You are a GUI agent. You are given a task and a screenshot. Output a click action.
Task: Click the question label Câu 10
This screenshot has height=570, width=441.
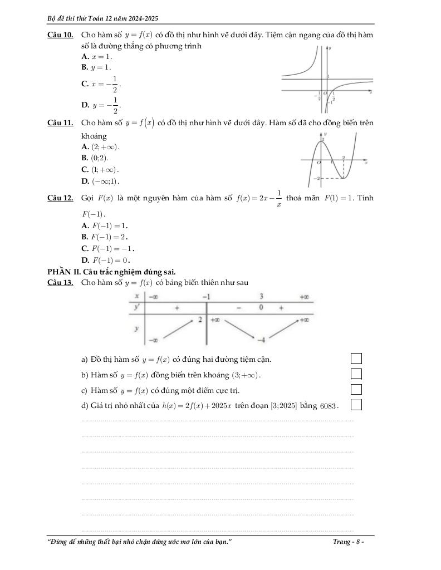coord(61,35)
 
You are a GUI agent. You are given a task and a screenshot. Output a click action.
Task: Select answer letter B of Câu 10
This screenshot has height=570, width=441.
coord(85,67)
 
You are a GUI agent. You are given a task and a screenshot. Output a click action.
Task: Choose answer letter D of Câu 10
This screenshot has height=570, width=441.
coord(85,104)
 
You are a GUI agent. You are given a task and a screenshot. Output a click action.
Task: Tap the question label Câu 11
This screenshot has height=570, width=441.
coord(61,122)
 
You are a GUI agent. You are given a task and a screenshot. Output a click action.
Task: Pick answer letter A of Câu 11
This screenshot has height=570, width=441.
coord(85,147)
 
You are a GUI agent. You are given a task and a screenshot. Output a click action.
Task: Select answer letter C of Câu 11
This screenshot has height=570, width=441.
coord(85,169)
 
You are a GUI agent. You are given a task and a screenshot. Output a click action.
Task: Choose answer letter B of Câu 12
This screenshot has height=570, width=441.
coord(85,237)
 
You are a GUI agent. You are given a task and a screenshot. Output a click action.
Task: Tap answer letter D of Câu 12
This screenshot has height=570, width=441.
coord(85,260)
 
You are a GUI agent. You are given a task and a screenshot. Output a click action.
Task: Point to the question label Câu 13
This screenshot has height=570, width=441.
coord(61,283)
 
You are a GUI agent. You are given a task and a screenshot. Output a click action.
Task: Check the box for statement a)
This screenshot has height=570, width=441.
coord(356,359)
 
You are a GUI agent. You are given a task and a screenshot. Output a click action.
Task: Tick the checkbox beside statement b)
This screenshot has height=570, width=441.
coord(356,374)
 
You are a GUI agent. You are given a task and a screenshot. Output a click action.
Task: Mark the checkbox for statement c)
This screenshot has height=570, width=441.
coord(356,389)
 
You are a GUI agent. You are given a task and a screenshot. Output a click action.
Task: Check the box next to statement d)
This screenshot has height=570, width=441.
coord(356,404)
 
